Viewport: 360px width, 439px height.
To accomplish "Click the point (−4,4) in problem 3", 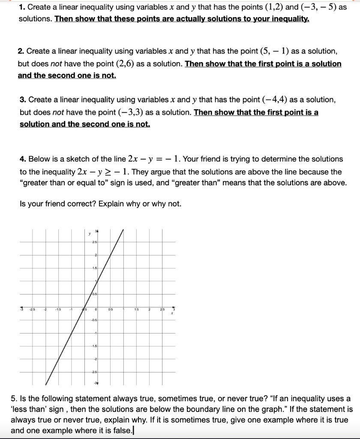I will point(274,100).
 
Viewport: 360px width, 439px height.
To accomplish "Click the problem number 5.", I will point(13,399).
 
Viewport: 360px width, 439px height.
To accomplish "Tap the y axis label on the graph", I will point(89,234).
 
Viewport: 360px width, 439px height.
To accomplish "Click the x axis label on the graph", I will point(171,314).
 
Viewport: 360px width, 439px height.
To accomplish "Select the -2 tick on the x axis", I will point(45,309).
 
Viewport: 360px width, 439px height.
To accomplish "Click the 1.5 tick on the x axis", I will point(136,309).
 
